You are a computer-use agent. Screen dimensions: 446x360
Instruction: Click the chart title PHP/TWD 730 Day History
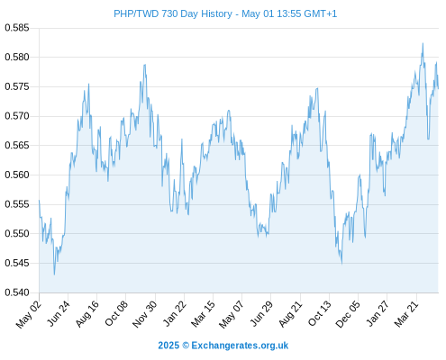pyautogui.click(x=173, y=13)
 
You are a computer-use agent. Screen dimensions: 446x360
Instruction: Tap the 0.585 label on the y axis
pyautogui.click(x=17, y=28)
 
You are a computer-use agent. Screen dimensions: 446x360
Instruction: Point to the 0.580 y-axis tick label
pyautogui.click(x=17, y=57)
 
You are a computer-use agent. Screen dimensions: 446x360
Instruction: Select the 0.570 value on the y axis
pyautogui.click(x=17, y=116)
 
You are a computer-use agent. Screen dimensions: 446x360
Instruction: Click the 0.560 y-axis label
pyautogui.click(x=17, y=175)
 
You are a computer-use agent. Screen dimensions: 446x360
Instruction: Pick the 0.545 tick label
pyautogui.click(x=17, y=263)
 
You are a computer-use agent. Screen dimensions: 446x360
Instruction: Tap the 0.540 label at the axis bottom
pyautogui.click(x=17, y=292)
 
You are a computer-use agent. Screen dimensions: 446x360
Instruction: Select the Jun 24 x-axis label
pyautogui.click(x=59, y=313)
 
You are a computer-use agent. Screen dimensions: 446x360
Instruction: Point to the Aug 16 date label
pyautogui.click(x=87, y=313)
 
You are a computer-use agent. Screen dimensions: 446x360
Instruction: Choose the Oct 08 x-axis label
pyautogui.click(x=116, y=313)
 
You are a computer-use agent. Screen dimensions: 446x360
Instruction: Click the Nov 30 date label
pyautogui.click(x=144, y=314)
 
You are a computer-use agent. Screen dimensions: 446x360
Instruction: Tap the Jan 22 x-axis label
pyautogui.click(x=175, y=313)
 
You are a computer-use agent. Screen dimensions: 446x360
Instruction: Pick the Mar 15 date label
pyautogui.click(x=203, y=313)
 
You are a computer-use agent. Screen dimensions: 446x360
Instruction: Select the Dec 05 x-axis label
pyautogui.click(x=348, y=314)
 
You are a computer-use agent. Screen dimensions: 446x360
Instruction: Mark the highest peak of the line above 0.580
pyautogui.click(x=423, y=43)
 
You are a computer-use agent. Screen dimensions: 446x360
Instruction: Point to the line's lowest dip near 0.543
pyautogui.click(x=54, y=274)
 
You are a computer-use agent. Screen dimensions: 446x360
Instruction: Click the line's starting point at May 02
pyautogui.click(x=39, y=200)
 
